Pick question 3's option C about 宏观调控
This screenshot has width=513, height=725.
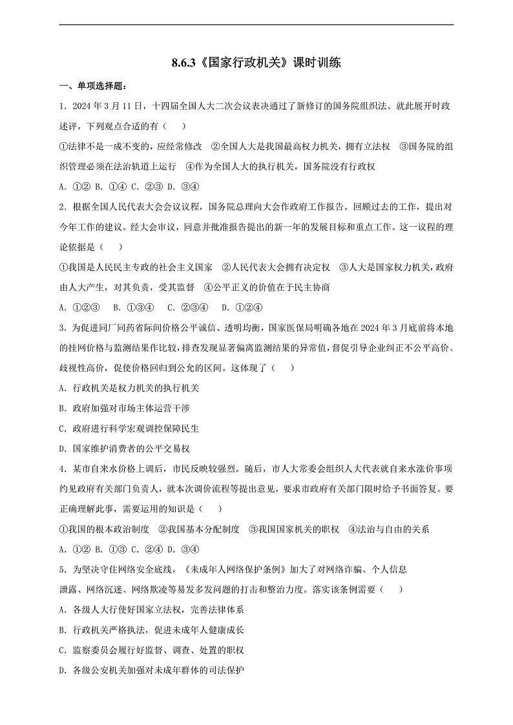[129, 428]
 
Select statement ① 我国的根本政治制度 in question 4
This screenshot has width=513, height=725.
[103, 529]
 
